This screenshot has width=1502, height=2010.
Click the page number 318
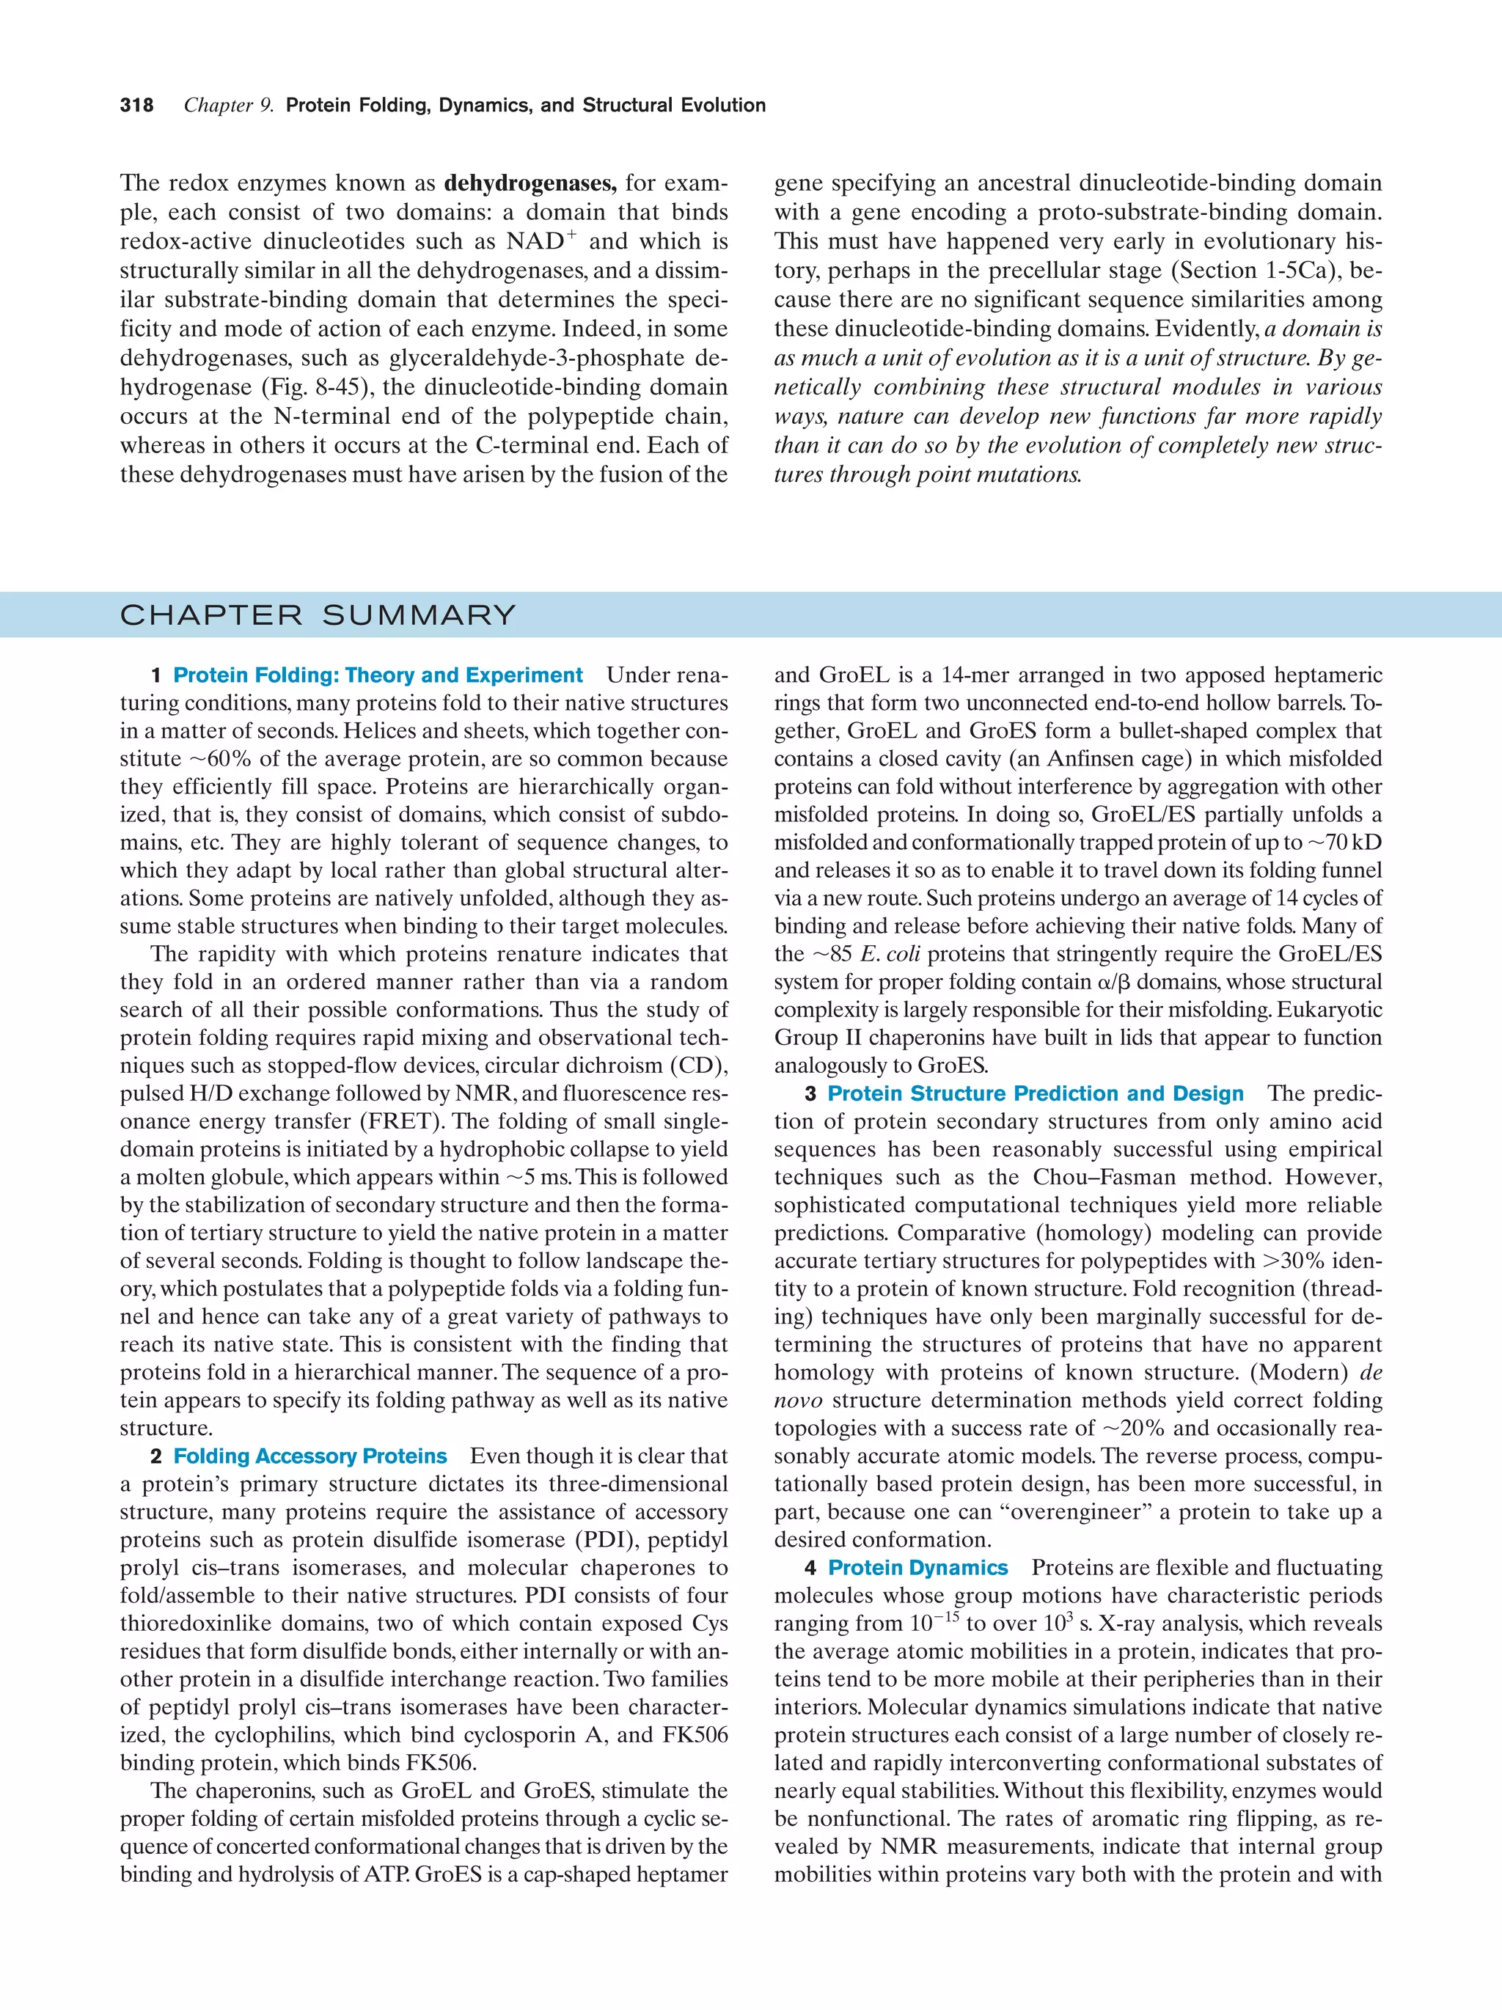click(x=136, y=106)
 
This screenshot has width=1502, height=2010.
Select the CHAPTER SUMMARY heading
click(x=318, y=615)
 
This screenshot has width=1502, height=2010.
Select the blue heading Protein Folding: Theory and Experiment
click(x=377, y=675)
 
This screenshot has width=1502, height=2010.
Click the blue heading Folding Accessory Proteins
click(x=309, y=1456)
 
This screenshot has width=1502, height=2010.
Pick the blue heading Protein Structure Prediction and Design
click(x=1035, y=1094)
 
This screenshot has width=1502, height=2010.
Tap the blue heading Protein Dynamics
click(x=917, y=1569)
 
